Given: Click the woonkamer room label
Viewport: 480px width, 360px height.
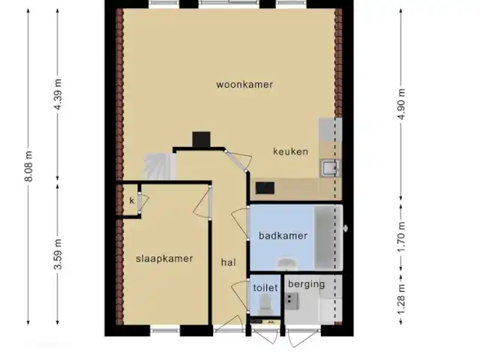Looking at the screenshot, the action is (244, 85).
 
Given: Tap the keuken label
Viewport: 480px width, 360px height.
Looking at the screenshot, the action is (290, 151).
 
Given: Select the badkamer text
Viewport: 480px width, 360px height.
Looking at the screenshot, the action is (283, 235).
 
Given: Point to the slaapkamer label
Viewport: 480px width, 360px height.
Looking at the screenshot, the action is (164, 259).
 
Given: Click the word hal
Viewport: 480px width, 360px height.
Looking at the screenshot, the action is (228, 262).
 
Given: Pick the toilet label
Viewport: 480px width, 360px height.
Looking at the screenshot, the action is (265, 288).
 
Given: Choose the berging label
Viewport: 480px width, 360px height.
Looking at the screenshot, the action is (306, 284).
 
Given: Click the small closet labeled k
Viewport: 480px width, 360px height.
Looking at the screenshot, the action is (132, 200).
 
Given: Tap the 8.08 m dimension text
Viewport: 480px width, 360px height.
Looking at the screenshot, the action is (28, 166).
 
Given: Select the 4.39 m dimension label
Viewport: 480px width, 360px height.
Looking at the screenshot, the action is (58, 94).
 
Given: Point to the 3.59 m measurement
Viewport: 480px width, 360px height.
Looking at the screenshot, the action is (58, 254).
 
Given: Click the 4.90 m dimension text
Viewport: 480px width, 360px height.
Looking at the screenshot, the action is (401, 104).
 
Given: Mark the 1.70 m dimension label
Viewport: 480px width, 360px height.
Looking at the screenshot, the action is (401, 236).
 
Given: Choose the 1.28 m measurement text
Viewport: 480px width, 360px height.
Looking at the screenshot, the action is (401, 299).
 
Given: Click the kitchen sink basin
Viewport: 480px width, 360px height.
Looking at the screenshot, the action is (330, 168).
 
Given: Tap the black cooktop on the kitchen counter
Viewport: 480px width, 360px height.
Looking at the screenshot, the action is (265, 188).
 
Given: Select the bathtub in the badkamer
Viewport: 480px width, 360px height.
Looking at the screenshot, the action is (328, 238).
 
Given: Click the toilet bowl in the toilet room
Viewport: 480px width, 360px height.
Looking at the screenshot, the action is (265, 301).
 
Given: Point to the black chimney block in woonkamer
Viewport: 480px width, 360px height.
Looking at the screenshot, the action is (201, 139).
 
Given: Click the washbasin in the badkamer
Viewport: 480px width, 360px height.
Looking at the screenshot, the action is (287, 264).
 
